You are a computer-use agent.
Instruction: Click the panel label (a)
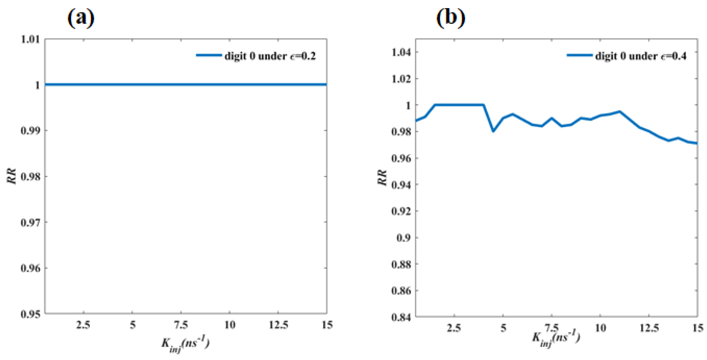coord(81,18)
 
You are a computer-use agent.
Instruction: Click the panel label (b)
coord(451,18)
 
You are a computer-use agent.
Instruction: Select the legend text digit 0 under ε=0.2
coord(270,56)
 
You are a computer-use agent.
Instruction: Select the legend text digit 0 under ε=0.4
coord(641,56)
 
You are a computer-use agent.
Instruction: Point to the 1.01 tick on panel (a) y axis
coord(30,39)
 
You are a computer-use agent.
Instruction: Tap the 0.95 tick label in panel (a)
coord(30,314)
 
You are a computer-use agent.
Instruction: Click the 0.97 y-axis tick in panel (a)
coord(30,222)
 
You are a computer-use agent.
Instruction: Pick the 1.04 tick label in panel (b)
coord(401,52)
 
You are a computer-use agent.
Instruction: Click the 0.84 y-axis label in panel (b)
coord(401,317)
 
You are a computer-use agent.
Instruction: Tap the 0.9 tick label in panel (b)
coord(404,238)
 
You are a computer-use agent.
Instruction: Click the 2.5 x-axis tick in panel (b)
coord(454,328)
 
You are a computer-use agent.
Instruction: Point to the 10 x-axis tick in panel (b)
coord(600,328)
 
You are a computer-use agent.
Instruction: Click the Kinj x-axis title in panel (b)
coord(556,339)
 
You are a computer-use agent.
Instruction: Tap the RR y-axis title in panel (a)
coord(11,176)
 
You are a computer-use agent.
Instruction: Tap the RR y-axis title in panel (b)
coord(382,178)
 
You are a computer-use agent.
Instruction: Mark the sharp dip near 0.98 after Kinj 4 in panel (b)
coord(493,131)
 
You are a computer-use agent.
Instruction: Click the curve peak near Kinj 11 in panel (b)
coord(620,111)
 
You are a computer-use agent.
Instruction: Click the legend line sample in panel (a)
coord(209,55)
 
